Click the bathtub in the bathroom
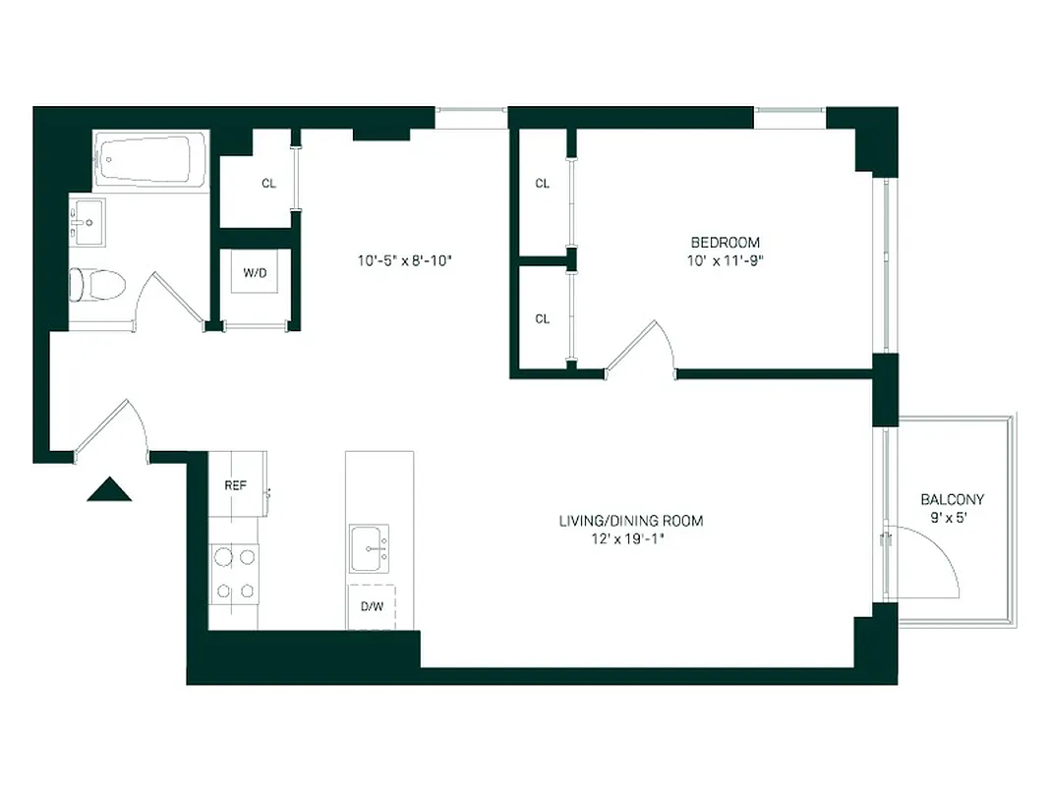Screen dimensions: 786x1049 [150, 159]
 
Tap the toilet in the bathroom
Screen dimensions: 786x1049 [97, 285]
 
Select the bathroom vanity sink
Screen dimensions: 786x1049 [88, 224]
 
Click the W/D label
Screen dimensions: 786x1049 [255, 273]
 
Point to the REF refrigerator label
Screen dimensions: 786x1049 [235, 485]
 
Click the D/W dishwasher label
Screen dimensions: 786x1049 [371, 606]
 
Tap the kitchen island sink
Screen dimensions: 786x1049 [370, 547]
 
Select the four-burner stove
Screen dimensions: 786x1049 [234, 574]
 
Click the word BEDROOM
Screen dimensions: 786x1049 [725, 243]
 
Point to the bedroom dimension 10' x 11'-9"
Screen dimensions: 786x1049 [725, 260]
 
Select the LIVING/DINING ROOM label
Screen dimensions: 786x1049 [630, 521]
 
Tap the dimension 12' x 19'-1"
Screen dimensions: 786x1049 [630, 538]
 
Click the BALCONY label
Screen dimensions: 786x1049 [952, 499]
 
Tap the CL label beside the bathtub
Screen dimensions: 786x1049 [267, 184]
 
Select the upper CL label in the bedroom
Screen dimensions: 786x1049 [542, 184]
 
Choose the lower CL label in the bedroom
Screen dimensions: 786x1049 [542, 318]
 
